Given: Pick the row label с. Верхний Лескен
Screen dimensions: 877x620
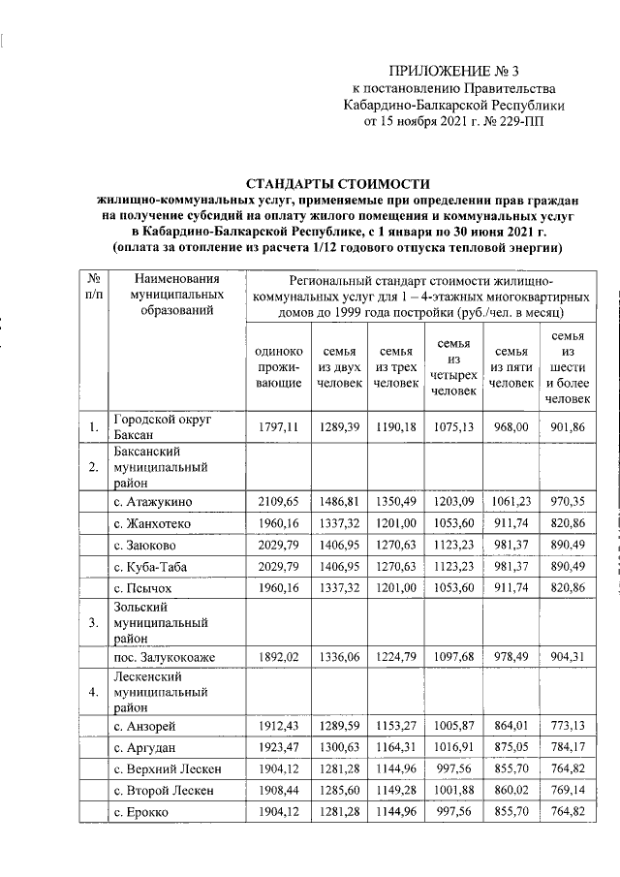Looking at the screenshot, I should pos(168,769).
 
